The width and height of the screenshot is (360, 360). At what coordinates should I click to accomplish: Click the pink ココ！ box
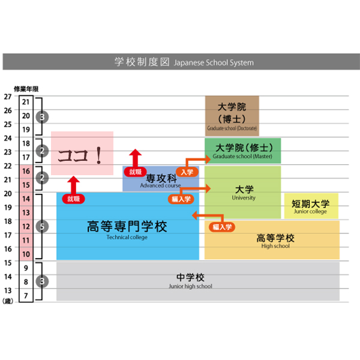coord(82,154)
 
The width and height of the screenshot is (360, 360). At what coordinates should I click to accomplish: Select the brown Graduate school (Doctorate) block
coord(232,115)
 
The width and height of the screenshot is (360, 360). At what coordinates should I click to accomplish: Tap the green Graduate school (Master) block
coord(242,151)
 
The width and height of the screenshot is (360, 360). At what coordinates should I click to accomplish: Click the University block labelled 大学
coord(243,192)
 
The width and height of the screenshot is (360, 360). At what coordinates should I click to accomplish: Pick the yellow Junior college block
coord(310,206)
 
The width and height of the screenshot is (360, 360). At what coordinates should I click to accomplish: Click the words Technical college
coord(127,237)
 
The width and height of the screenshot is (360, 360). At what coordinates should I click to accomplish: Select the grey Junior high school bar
coord(191,281)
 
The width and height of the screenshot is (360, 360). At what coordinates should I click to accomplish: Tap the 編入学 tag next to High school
coord(221,227)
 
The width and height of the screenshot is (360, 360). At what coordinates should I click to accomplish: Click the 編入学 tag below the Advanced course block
coord(180,199)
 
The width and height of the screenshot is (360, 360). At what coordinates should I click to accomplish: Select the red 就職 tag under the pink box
coord(73,199)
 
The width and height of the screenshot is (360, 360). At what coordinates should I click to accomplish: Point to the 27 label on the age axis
coord(7,96)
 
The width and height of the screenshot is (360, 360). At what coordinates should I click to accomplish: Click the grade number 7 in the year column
coord(26,295)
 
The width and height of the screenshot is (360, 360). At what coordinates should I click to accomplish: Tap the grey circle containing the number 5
coord(41,226)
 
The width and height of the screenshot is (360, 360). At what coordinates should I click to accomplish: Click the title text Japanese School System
coord(214,62)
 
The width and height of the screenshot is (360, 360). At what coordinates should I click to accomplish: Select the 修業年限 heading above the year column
coord(26,89)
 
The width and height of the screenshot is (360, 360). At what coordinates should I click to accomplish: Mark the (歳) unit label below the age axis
coord(8,301)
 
